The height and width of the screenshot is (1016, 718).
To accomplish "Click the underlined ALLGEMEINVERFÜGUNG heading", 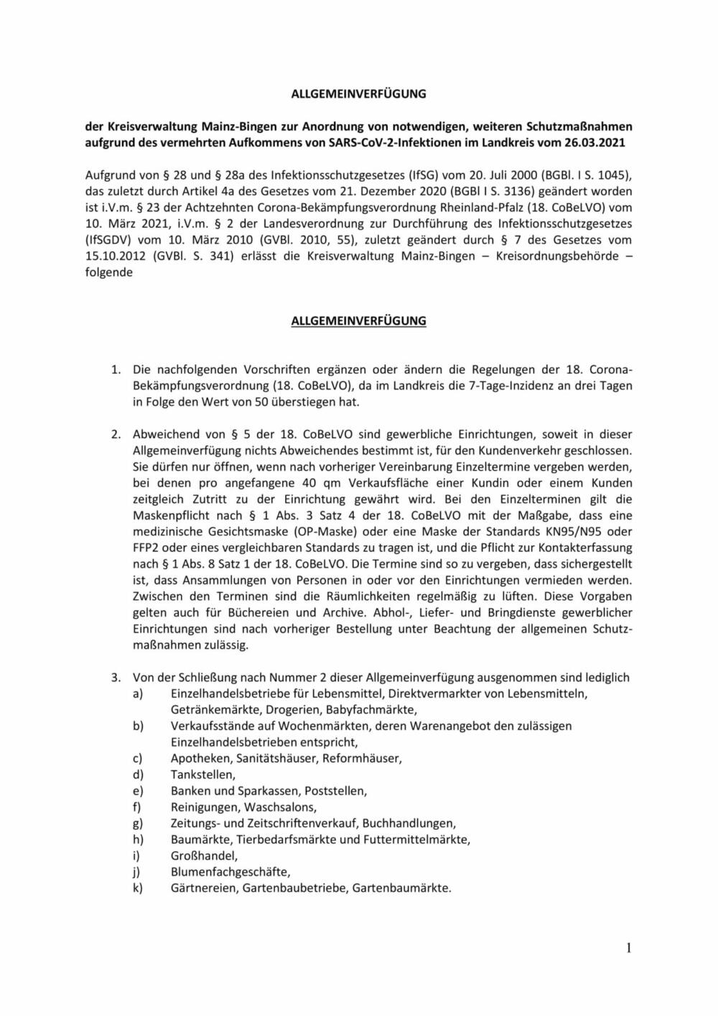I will [358, 321].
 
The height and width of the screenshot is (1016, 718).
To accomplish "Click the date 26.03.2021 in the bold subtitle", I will [598, 142].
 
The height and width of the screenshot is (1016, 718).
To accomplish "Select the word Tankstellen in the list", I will [202, 774].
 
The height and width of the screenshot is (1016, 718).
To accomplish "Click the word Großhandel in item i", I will [204, 855].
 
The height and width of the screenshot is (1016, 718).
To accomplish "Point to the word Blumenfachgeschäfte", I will [230, 872].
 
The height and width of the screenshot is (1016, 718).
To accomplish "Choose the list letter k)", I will [137, 887].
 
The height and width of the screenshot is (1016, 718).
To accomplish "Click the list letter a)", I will [137, 693].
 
